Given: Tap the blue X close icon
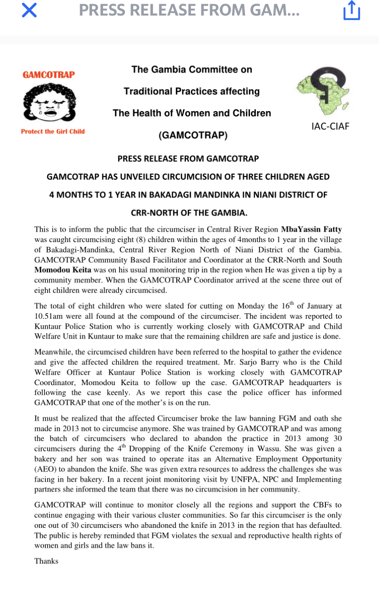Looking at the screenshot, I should pyautogui.click(x=29, y=10).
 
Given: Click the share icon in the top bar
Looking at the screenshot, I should pyautogui.click(x=352, y=11).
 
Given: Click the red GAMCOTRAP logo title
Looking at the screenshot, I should pyautogui.click(x=49, y=75).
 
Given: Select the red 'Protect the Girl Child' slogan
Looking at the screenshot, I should pyautogui.click(x=53, y=132).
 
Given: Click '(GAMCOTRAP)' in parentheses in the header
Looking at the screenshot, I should pyautogui.click(x=192, y=135).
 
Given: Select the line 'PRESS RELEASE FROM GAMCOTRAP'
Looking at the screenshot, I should pyautogui.click(x=188, y=159).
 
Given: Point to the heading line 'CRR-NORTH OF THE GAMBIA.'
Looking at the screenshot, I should pyautogui.click(x=189, y=213).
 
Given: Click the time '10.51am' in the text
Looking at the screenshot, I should pyautogui.click(x=50, y=316).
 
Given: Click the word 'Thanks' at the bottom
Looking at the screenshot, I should pyautogui.click(x=46, y=561).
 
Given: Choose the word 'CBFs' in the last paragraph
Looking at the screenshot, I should pyautogui.click(x=316, y=505).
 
